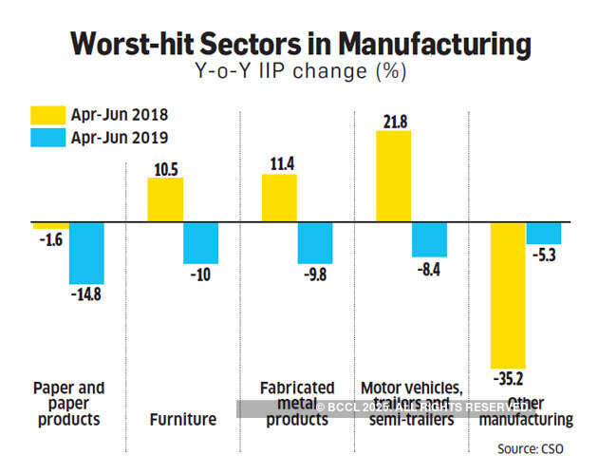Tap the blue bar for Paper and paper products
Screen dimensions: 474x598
pyautogui.click(x=86, y=254)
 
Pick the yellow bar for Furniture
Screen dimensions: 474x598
pyautogui.click(x=165, y=200)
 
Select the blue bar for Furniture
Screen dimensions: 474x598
pyautogui.click(x=200, y=243)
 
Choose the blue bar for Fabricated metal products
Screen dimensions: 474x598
pyautogui.click(x=315, y=242)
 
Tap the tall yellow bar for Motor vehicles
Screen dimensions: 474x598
pyautogui.click(x=393, y=177)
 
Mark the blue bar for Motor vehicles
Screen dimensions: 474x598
pyautogui.click(x=429, y=240)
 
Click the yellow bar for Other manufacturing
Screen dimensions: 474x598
pyautogui.click(x=508, y=295)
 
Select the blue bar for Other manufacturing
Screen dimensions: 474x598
pyautogui.click(x=543, y=234)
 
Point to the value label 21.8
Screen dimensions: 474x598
pyautogui.click(x=393, y=121)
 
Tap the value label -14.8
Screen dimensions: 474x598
pyautogui.click(x=86, y=294)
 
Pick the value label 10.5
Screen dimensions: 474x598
pyautogui.click(x=165, y=167)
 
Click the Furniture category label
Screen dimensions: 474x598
pyautogui.click(x=182, y=419)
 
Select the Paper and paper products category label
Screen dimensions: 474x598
pyautogui.click(x=68, y=404)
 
